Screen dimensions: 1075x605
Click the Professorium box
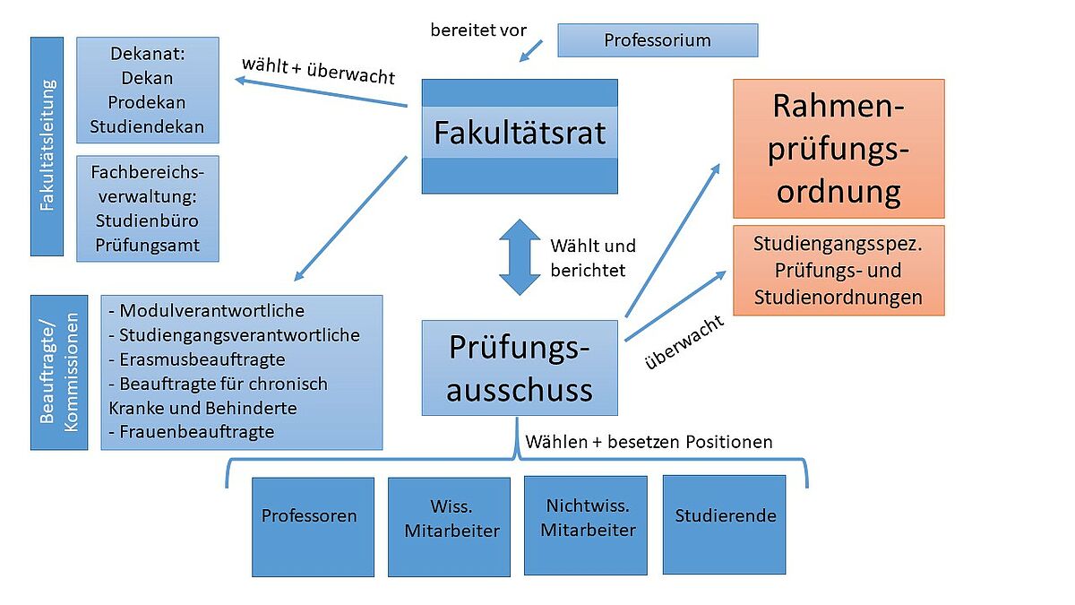pyautogui.click(x=658, y=40)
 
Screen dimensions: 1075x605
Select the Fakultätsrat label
pyautogui.click(x=520, y=133)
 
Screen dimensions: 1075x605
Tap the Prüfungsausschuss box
pyautogui.click(x=520, y=367)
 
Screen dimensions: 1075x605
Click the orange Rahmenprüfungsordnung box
pyautogui.click(x=838, y=149)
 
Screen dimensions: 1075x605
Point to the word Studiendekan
pyautogui.click(x=147, y=126)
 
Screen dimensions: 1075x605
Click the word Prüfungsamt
pyautogui.click(x=147, y=246)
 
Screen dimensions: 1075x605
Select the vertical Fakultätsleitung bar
pyautogui.click(x=47, y=146)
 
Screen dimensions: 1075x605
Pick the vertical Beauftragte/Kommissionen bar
pyautogui.click(x=59, y=373)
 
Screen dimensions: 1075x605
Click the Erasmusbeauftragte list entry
pyautogui.click(x=197, y=359)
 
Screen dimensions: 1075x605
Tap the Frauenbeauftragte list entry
pyautogui.click(x=192, y=432)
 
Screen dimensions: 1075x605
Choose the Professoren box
pyautogui.click(x=313, y=527)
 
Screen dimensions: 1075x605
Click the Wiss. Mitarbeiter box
pyautogui.click(x=449, y=527)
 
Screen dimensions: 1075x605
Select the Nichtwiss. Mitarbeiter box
pyautogui.click(x=586, y=526)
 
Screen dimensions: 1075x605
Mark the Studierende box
pyautogui.click(x=724, y=525)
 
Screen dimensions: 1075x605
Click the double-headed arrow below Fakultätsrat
pyautogui.click(x=520, y=257)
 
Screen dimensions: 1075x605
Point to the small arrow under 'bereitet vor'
pyautogui.click(x=530, y=51)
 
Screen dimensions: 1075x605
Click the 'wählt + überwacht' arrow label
pyautogui.click(x=318, y=71)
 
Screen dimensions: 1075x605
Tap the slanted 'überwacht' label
pyautogui.click(x=684, y=341)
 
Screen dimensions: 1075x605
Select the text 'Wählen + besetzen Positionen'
pyautogui.click(x=649, y=442)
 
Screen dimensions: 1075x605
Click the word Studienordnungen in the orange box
pyautogui.click(x=838, y=298)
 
